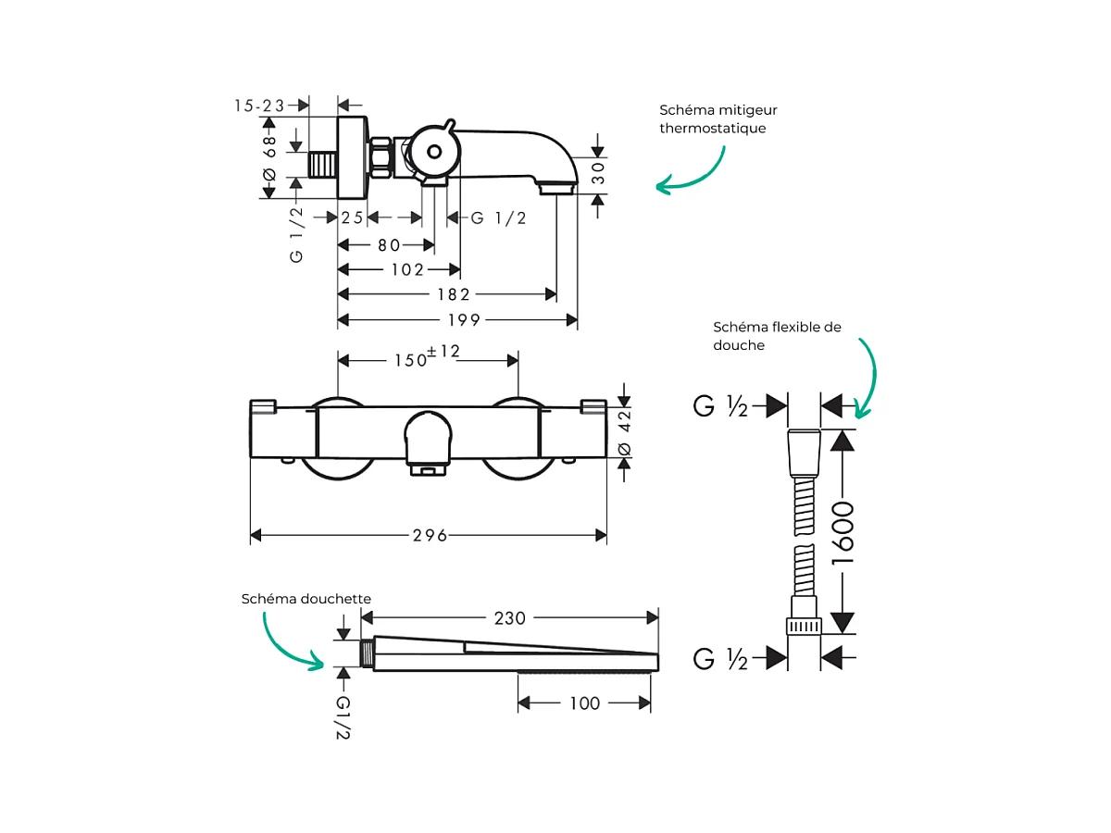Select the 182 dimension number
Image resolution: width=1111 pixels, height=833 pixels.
tap(454, 294)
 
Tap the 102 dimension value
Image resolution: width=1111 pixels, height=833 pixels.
tap(406, 270)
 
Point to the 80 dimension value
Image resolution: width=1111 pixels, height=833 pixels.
tap(389, 245)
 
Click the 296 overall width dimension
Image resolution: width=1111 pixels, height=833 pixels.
tap(431, 536)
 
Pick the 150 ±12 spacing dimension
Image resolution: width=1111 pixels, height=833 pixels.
tap(428, 357)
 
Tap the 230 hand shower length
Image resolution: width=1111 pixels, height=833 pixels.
tap(508, 618)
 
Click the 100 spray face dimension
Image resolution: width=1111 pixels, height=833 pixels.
tap(584, 703)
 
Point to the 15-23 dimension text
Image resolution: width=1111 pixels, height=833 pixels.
tap(259, 106)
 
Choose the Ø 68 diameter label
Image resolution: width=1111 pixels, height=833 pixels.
tap(269, 157)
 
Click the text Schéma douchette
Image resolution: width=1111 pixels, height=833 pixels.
tap(306, 599)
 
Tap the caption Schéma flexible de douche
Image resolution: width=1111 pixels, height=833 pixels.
tap(777, 335)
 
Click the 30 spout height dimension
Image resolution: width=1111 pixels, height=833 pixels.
tap(598, 174)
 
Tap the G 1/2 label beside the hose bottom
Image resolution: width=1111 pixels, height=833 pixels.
tap(719, 659)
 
